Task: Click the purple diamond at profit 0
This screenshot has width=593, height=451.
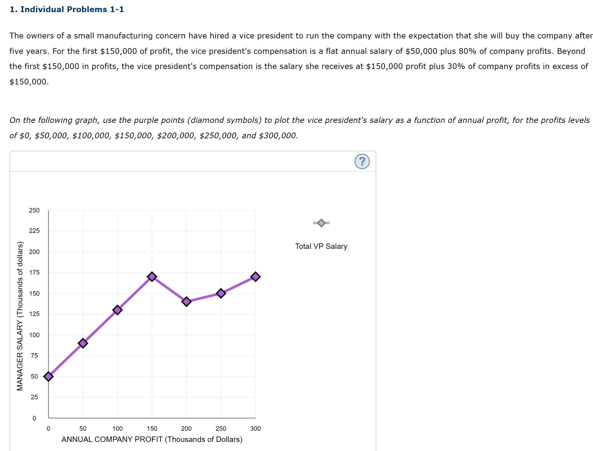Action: click(x=48, y=376)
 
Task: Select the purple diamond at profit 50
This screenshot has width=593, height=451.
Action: click(x=83, y=343)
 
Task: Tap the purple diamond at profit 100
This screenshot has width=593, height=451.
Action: click(x=117, y=310)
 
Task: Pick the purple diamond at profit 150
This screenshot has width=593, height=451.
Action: click(x=152, y=276)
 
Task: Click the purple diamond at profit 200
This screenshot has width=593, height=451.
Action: click(x=186, y=301)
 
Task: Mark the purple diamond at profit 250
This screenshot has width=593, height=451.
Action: click(x=221, y=293)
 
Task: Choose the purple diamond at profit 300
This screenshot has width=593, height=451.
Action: click(x=255, y=276)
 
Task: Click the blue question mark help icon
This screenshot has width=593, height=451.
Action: click(x=362, y=161)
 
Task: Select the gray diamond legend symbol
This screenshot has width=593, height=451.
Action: click(x=321, y=223)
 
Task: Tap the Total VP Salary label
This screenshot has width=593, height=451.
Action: click(x=321, y=246)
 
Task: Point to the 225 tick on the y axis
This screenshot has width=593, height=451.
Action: click(x=34, y=231)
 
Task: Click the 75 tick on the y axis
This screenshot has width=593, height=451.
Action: click(x=34, y=356)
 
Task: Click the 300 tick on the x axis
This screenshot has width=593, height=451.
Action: click(x=255, y=428)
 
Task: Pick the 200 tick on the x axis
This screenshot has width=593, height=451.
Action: click(x=186, y=428)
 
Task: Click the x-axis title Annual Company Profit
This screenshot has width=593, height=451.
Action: click(x=152, y=439)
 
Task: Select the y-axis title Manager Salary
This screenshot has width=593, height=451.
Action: click(x=20, y=316)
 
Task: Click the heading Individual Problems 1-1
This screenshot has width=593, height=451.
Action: click(x=67, y=9)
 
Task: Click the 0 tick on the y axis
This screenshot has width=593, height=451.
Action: click(x=34, y=418)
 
